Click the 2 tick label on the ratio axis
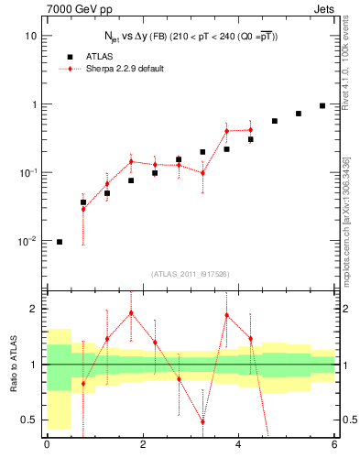click(x=33, y=309)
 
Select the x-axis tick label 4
click(x=238, y=446)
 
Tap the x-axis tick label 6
click(x=334, y=446)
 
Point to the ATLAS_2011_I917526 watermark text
click(x=190, y=274)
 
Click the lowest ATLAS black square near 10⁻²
click(x=60, y=242)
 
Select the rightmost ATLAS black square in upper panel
click(x=322, y=105)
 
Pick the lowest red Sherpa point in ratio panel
click(x=202, y=421)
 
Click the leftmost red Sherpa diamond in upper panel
click(x=83, y=209)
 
